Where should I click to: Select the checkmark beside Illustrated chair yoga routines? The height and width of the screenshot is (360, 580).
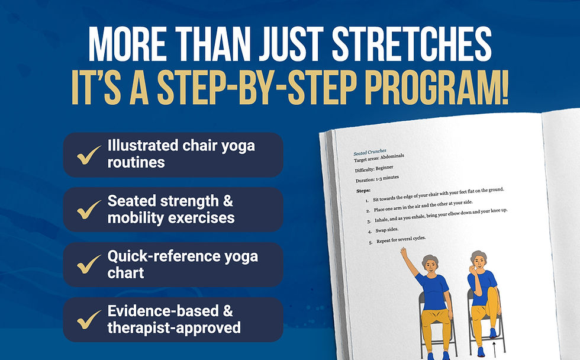[89, 156]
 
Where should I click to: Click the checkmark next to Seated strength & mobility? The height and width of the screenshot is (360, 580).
[89, 210]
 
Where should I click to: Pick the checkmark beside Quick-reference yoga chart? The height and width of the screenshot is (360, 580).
[89, 265]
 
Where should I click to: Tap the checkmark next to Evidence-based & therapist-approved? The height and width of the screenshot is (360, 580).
[89, 320]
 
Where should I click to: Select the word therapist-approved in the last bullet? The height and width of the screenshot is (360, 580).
[173, 327]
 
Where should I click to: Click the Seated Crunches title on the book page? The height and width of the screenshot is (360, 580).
[370, 152]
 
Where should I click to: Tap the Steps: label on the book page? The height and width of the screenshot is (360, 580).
[363, 191]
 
